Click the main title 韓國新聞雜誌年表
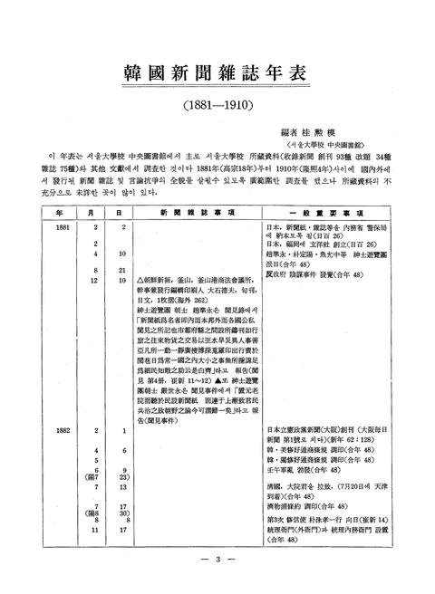[x=217, y=72]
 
